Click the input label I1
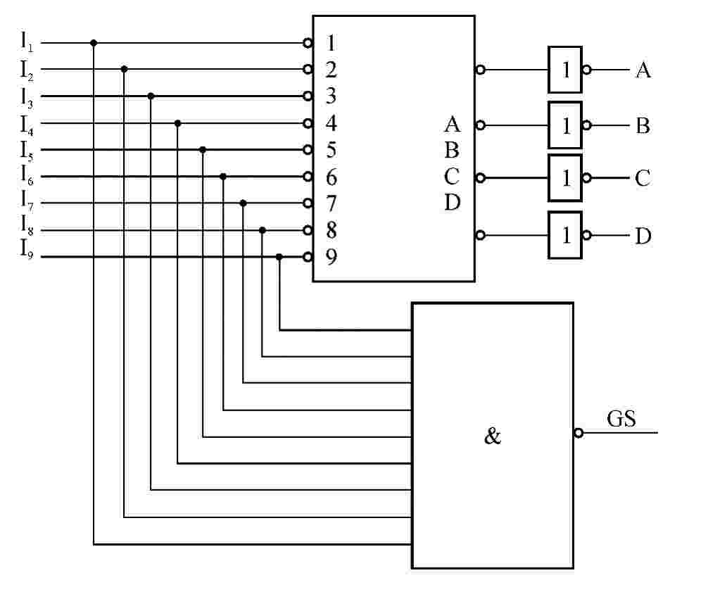27,42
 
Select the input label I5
27,150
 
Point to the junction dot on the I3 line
151,96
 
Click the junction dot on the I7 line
243,203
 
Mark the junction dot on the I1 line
94,43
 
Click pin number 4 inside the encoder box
331,123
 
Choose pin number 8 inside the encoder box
331,230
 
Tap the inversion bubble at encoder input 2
308,69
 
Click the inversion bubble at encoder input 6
308,176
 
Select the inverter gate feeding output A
565,70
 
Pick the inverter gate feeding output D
565,235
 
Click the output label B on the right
643,126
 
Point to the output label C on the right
643,178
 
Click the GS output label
621,420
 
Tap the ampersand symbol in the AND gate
493,436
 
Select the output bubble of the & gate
579,432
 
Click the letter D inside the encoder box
452,203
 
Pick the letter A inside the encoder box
452,125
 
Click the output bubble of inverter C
587,178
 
